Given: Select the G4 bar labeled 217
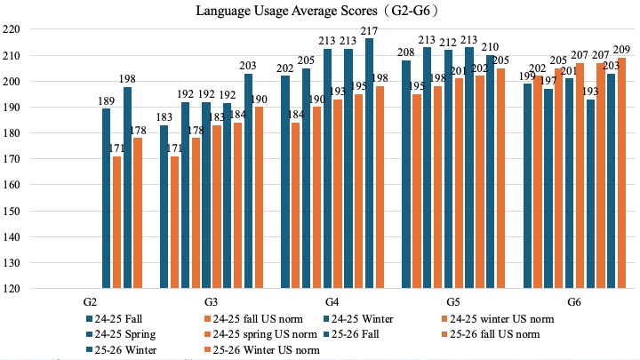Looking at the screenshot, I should coord(369,160).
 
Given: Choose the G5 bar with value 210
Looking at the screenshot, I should coord(490,170).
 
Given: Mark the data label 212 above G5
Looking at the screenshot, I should coord(447,41).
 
